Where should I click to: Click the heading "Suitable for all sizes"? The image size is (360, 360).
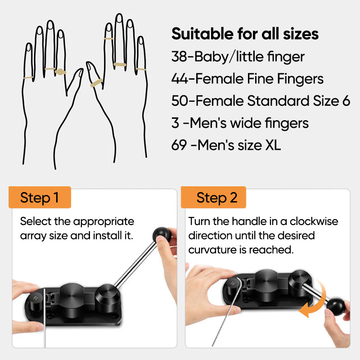(245, 34)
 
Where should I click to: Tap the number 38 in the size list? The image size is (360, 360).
(179, 57)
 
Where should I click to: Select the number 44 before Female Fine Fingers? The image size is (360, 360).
(180, 79)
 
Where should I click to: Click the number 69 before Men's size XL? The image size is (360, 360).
(179, 145)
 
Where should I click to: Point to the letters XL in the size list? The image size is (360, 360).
(273, 145)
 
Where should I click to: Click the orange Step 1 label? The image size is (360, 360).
(40, 197)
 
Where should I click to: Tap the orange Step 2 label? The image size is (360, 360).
(213, 197)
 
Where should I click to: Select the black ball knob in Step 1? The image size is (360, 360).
(162, 235)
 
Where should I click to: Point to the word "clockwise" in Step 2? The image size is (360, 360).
(314, 221)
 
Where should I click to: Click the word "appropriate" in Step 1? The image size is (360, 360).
(104, 222)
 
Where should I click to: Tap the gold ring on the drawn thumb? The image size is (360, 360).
(96, 83)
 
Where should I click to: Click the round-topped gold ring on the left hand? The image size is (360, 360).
(60, 72)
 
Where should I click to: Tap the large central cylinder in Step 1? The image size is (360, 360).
(72, 300)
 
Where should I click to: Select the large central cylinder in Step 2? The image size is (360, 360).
(266, 284)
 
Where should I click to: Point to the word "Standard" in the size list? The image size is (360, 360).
(278, 101)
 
